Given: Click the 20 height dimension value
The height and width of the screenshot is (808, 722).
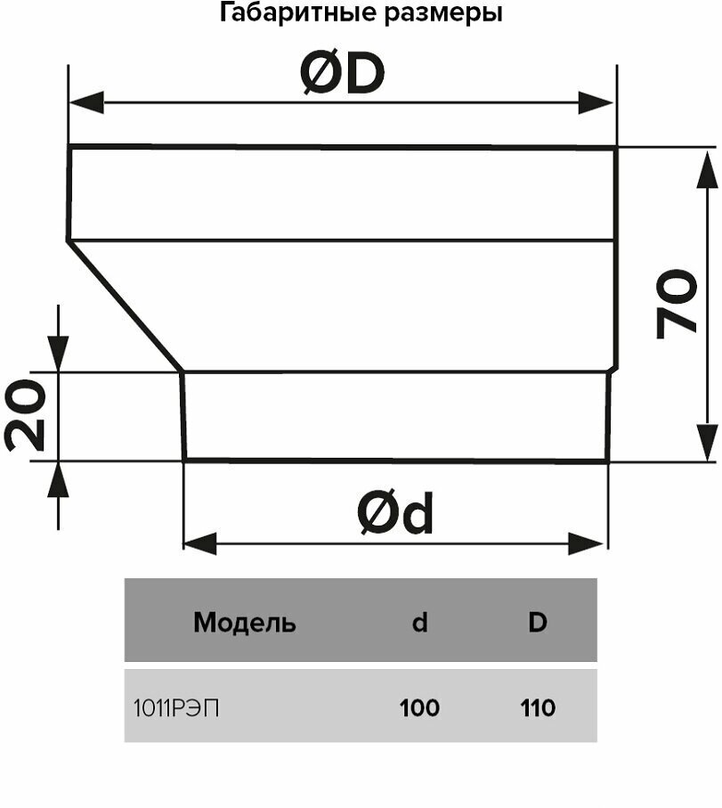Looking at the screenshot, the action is point(25,415).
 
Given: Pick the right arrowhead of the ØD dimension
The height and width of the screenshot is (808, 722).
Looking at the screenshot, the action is point(596,102).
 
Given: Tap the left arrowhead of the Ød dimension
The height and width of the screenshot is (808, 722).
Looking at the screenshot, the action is point(199,543).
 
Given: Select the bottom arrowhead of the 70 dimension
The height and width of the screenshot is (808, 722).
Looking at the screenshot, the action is point(706,443).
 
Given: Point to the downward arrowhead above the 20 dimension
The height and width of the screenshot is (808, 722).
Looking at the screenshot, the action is point(58,355).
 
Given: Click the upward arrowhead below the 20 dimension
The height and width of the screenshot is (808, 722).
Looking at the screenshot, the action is point(58,478).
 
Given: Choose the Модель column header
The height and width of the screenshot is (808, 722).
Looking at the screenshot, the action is point(244,623).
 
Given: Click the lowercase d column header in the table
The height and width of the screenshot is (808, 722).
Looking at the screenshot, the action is point(419,623).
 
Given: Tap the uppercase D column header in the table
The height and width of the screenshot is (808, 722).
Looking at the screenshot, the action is point(537,623).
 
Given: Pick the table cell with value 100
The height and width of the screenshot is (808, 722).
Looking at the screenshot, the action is point(419,708).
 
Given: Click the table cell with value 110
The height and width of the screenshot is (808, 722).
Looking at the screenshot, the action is point(537,708).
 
